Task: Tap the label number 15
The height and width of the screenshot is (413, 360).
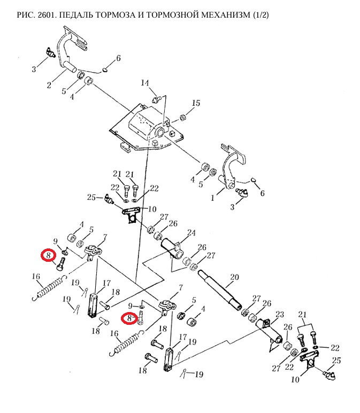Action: coord(196,103)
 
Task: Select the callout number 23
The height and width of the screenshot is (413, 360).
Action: coord(279,315)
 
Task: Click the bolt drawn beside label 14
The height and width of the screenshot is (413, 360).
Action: coord(157,99)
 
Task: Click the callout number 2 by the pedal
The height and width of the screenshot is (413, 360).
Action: coord(49,85)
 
